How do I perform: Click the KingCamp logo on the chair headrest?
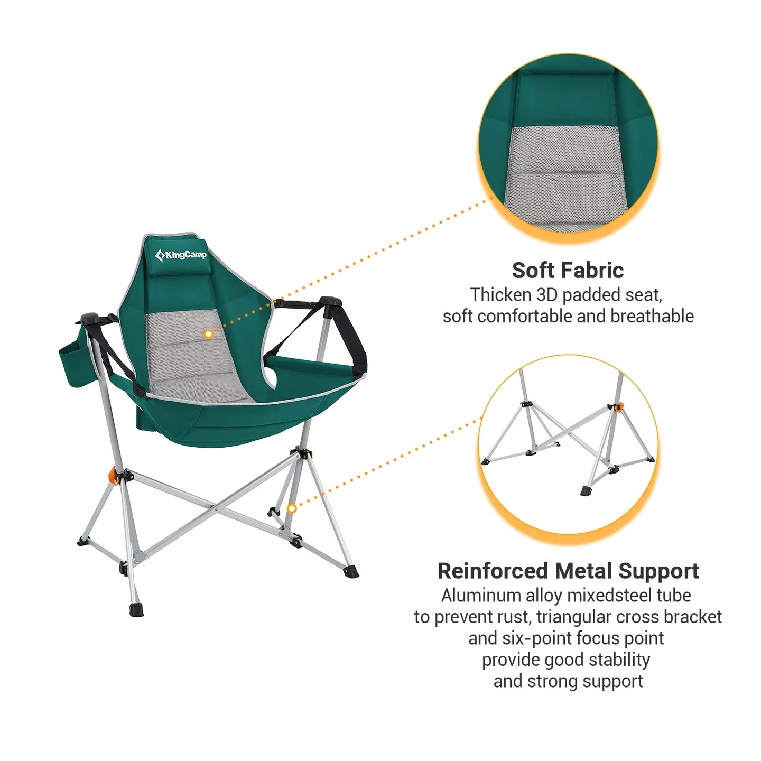point(181,255)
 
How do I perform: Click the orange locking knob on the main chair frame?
point(113,475)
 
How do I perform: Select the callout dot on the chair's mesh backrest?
point(208,334)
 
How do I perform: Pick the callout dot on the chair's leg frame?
point(291,508)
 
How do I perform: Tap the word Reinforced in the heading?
point(493,571)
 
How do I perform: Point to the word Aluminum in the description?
point(481,596)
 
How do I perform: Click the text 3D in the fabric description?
point(547,295)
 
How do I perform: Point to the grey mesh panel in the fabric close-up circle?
point(566,174)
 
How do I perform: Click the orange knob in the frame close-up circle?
point(620,406)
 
